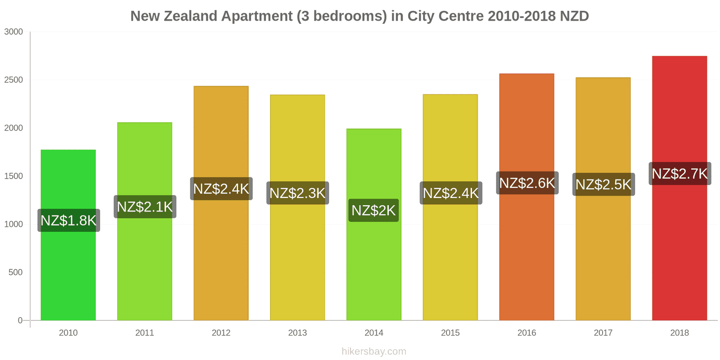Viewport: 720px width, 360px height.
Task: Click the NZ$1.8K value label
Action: [x=68, y=220]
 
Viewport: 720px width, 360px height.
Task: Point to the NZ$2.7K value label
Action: [x=679, y=173]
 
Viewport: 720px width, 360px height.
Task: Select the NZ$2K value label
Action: [x=373, y=210]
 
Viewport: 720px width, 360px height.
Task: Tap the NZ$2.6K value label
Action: [x=527, y=183]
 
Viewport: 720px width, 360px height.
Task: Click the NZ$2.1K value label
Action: [x=145, y=207]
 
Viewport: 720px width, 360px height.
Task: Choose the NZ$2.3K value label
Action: [x=297, y=193]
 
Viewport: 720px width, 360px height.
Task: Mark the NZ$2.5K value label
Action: [x=603, y=184]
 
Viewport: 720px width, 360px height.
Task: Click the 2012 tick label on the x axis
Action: [x=221, y=333]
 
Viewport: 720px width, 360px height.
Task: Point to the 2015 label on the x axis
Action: [x=450, y=333]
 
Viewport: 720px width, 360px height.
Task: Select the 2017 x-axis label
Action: [x=603, y=333]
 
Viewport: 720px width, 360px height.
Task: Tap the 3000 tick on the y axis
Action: [x=13, y=32]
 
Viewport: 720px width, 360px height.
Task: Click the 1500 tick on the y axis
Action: [x=13, y=176]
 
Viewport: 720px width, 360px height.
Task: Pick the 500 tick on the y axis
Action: [x=15, y=273]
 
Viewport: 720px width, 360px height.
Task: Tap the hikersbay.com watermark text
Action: [x=373, y=351]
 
